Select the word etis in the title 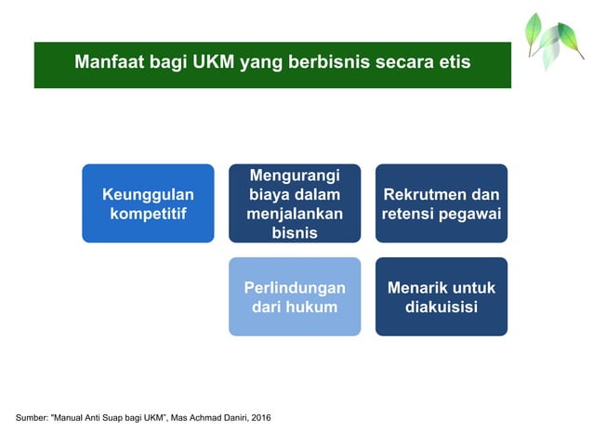(452, 63)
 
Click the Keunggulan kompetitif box (148, 203)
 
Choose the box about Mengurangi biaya (295, 203)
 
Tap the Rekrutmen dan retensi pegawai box (441, 203)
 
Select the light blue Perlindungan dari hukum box (295, 296)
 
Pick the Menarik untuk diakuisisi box (441, 296)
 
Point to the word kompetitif (148, 214)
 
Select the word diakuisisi (441, 307)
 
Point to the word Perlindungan (295, 287)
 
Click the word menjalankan (295, 214)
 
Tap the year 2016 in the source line (258, 417)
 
